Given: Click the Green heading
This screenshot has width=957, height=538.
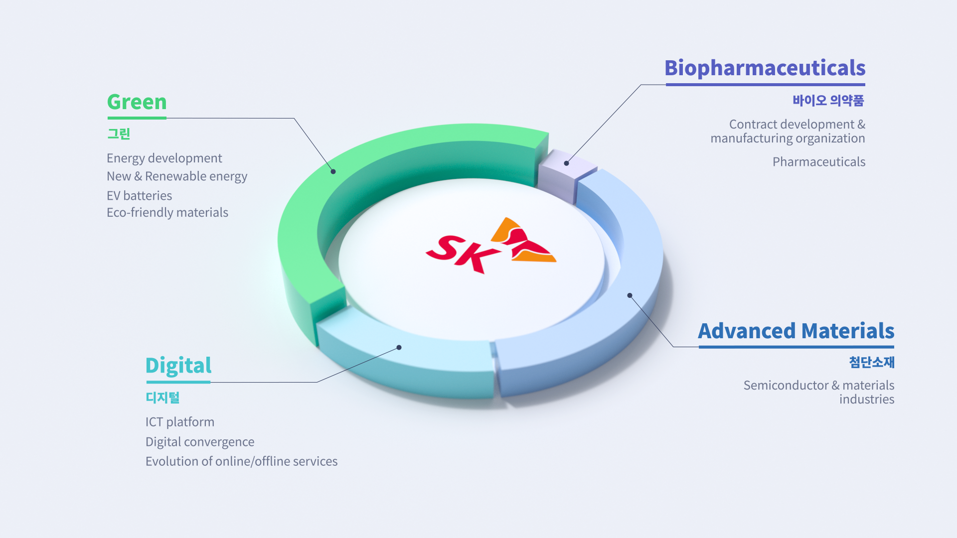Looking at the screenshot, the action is [137, 102].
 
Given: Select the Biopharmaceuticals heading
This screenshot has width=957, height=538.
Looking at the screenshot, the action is [765, 68].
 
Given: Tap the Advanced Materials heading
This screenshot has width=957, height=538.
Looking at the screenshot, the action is [796, 331].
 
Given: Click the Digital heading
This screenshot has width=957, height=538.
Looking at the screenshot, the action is [178, 366].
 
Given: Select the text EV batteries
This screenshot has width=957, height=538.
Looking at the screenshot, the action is [139, 196].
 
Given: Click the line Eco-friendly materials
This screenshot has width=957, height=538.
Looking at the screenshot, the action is [167, 213].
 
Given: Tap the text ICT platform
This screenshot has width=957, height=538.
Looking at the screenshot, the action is [179, 422].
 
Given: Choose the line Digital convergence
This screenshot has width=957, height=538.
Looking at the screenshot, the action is [199, 442].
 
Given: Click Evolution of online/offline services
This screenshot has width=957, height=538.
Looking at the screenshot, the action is [241, 461].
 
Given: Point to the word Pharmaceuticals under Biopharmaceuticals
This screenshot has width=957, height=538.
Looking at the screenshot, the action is [818, 162].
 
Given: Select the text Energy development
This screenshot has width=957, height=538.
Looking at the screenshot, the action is [164, 158].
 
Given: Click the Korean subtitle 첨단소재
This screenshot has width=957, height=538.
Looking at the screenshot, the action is [871, 362].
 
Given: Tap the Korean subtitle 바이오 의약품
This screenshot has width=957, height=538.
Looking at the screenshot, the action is [828, 101].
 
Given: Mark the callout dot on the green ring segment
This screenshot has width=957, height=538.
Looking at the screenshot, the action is [333, 171].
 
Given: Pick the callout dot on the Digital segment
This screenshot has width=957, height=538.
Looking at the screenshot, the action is [399, 347].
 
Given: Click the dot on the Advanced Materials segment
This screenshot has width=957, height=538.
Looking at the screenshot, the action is [630, 295].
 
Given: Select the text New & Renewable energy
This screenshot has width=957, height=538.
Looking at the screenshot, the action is [176, 176].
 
